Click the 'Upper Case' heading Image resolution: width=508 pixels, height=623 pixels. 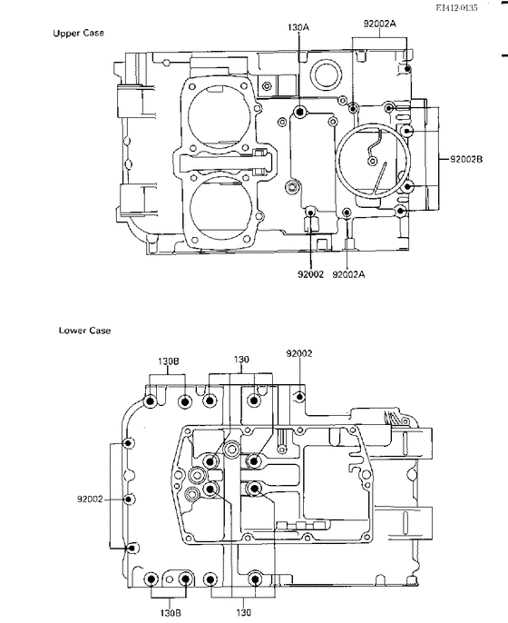coord(79,33)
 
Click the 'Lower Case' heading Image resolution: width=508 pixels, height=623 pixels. coord(84,331)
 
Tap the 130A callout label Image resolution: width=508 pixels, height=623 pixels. coord(298,27)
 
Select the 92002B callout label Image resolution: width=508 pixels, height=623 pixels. coord(466,159)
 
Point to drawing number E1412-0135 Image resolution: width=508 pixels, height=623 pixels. coord(457,7)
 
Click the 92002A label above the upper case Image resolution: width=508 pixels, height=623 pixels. coord(380,24)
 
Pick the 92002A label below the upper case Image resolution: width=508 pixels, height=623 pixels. coord(348,274)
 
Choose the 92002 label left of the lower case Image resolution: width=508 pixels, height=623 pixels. coord(90,499)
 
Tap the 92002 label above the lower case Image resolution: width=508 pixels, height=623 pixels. coord(299,353)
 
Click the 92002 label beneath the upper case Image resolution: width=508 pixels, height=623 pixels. coord(311,274)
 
